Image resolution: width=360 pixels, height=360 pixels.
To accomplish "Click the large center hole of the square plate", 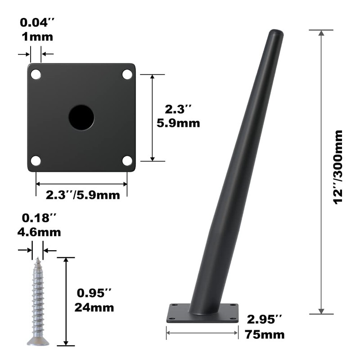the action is click(x=81, y=117).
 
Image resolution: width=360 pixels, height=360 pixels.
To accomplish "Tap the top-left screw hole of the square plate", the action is click(x=36, y=74).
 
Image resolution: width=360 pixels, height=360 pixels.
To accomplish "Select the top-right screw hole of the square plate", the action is click(x=127, y=74).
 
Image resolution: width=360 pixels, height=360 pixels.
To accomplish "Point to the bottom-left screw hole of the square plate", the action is click(x=36, y=161).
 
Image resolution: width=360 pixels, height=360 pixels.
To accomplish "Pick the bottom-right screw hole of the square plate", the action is click(x=127, y=161).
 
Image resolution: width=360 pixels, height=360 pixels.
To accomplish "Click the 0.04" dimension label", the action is click(x=37, y=22).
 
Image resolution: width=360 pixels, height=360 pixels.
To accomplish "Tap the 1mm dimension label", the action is click(x=37, y=37).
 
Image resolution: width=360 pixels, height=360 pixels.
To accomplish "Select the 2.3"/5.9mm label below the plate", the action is click(x=83, y=195).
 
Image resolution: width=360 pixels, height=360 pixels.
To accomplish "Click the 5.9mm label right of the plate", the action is click(x=178, y=123).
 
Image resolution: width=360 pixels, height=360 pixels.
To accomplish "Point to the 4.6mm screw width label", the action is click(x=39, y=232).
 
